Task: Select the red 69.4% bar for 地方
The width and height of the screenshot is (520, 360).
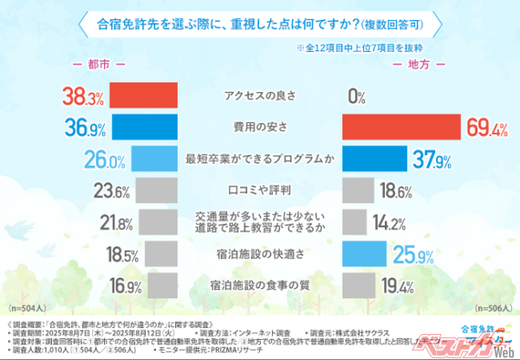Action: (400, 128)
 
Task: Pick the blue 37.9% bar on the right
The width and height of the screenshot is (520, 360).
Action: (374, 160)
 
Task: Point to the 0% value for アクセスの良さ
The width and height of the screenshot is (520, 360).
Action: (355, 96)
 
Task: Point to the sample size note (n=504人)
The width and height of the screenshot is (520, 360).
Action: (27, 308)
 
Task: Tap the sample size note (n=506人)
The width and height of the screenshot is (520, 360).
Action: (493, 308)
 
